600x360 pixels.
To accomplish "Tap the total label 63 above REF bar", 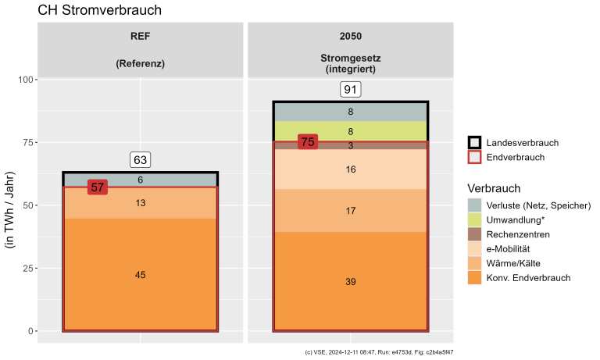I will (x=141, y=160).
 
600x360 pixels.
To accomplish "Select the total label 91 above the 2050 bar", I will (x=350, y=90).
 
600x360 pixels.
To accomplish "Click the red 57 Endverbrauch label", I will (x=98, y=187).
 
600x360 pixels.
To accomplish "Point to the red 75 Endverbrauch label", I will (x=308, y=142).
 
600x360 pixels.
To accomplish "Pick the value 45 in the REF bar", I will (x=141, y=275).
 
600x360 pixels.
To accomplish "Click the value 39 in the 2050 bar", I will (x=350, y=281).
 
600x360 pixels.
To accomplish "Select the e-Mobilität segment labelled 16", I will (x=350, y=169).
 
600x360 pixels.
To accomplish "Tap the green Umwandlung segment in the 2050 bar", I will (x=350, y=131).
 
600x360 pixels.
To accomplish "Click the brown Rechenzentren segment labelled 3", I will (x=350, y=145).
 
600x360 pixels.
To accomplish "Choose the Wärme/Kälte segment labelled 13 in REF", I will (x=141, y=203).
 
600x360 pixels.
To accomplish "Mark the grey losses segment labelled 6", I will (x=141, y=180).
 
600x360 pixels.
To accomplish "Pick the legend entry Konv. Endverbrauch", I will (x=528, y=277).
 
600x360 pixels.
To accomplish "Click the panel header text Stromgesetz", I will (x=350, y=59).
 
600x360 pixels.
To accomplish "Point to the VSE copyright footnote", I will (x=379, y=352).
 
